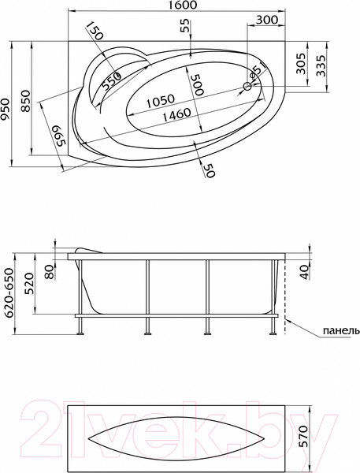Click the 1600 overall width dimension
(181, 6)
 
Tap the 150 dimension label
(95, 32)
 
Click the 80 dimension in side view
(50, 273)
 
